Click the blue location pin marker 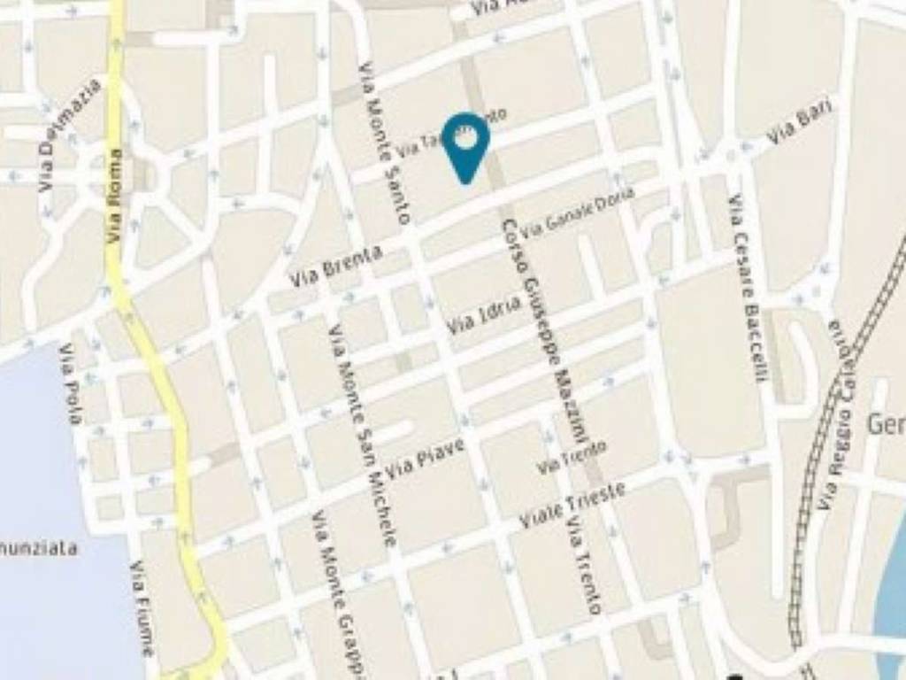click(x=465, y=144)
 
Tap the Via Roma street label click(x=114, y=196)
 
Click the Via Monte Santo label click(x=385, y=142)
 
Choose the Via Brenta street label click(x=336, y=266)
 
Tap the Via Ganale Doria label click(x=577, y=212)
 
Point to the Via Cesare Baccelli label click(x=745, y=288)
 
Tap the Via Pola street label click(x=70, y=383)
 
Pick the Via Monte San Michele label click(x=363, y=434)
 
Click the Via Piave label click(x=424, y=459)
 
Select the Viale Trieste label click(x=572, y=505)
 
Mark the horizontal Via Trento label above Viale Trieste click(x=572, y=457)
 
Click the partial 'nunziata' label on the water click(x=39, y=548)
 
